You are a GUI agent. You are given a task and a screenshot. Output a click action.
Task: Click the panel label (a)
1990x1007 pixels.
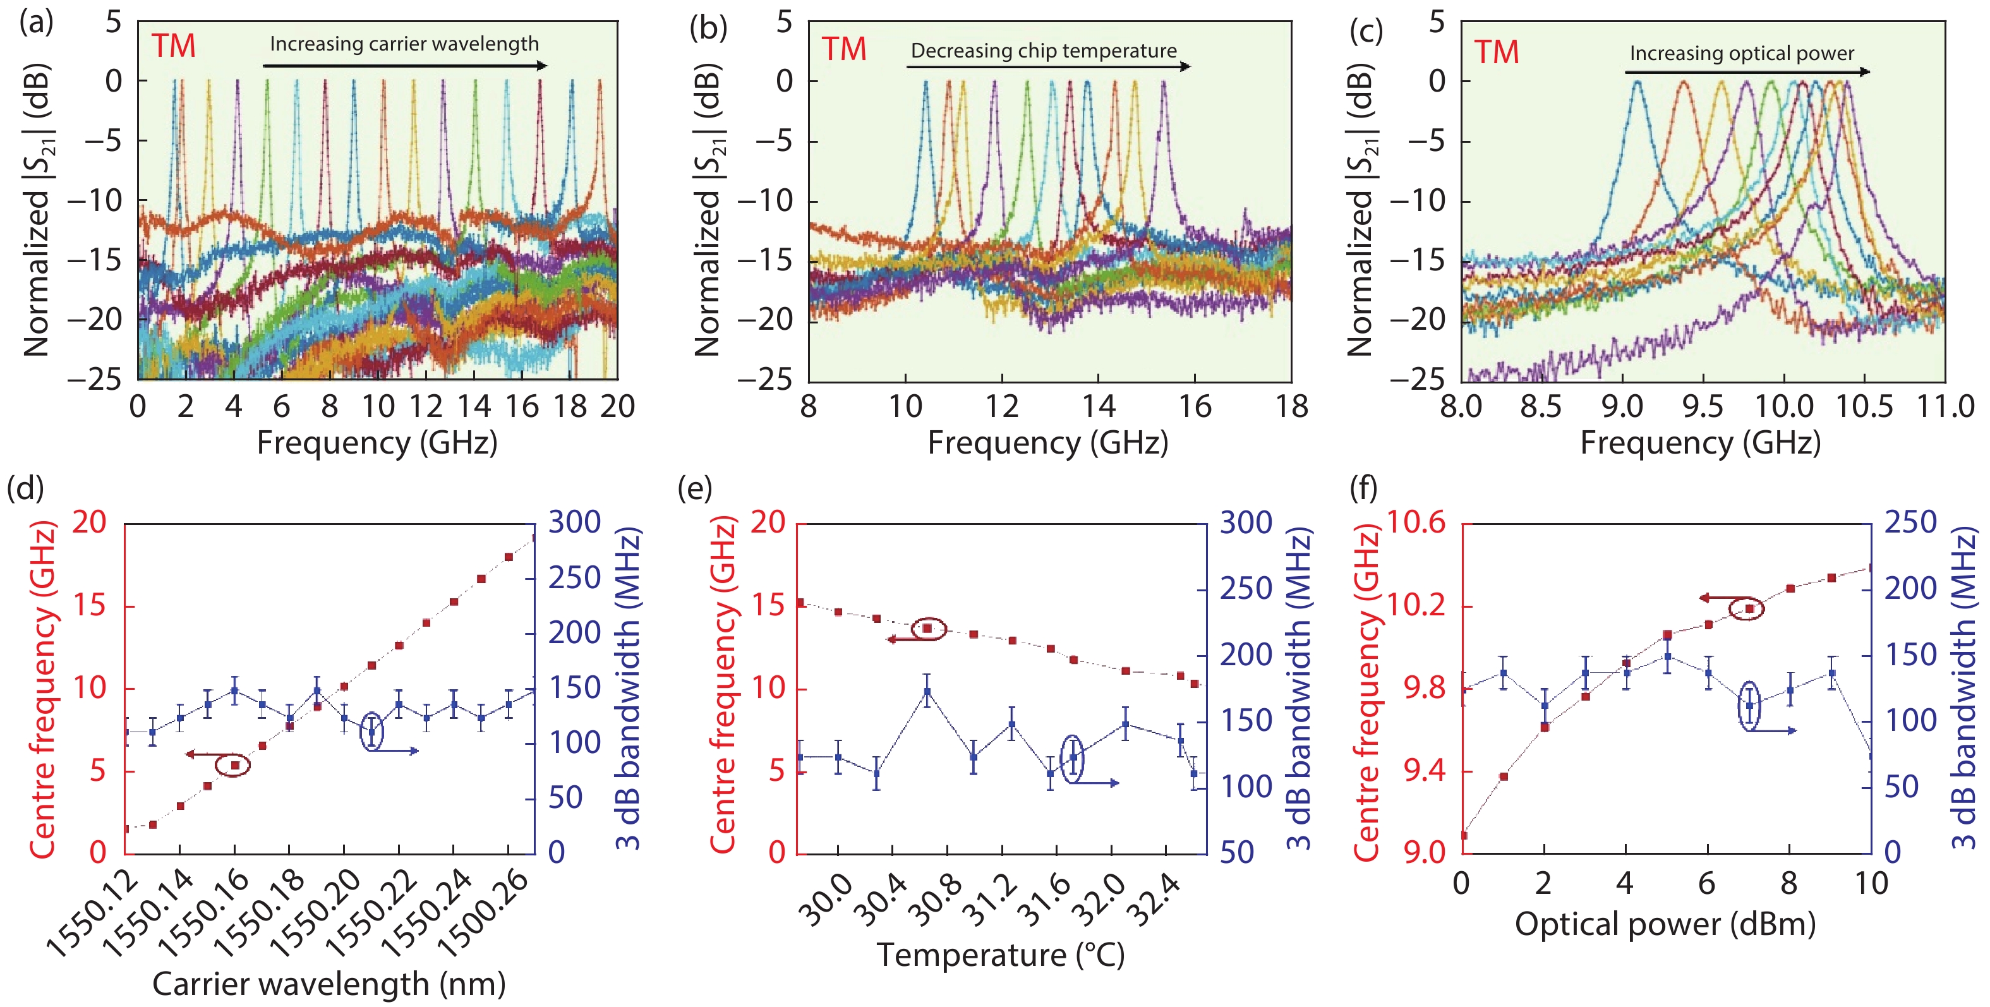[x=35, y=24]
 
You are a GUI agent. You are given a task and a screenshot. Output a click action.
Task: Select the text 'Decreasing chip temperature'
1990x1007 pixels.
[x=1043, y=51]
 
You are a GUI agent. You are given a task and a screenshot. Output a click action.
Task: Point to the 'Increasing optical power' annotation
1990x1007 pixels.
[x=1741, y=53]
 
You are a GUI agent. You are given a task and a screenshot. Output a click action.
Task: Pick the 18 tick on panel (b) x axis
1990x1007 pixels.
[x=1291, y=406]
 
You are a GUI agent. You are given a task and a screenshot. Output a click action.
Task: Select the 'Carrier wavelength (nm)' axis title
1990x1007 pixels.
[x=329, y=984]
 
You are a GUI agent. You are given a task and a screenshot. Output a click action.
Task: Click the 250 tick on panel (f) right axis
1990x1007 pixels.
[x=1910, y=523]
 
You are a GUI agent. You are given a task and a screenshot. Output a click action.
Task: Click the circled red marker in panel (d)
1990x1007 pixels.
[x=236, y=765]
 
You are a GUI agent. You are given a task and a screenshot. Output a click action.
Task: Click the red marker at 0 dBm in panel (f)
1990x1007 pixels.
[x=1464, y=835]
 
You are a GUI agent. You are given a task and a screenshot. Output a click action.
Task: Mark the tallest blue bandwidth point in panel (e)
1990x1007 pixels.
[x=927, y=691]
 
